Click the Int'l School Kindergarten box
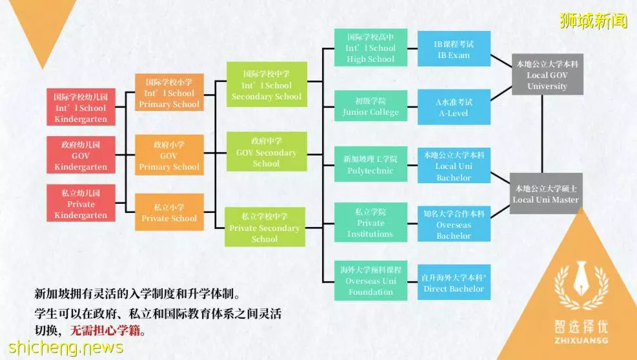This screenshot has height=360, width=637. coord(81,107)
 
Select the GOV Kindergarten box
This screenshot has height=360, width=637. coord(81,155)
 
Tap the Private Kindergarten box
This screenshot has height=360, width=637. coord(81,203)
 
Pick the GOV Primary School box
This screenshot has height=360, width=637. coord(169,155)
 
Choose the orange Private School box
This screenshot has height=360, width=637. coord(169,212)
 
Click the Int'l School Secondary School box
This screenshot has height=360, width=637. coord(267,85)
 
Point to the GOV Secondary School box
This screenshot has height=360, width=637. coord(266,151)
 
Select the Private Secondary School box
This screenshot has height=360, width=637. coord(265,226)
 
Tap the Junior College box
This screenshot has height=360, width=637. coord(370,106)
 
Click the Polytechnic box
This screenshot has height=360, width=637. coord(370,164)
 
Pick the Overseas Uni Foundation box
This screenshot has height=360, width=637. coord(370,281)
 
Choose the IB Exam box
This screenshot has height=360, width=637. coord(454,48)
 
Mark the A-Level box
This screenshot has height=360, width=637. coord(454,107)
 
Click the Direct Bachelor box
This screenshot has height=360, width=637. coord(454,282)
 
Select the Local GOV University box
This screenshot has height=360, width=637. coord(547,74)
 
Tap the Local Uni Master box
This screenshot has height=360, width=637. coord(546,194)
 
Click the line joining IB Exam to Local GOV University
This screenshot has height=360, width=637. coord(501,61)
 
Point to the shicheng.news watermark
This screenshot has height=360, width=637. coord(65,347)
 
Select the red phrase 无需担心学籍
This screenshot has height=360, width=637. coord(105,330)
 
